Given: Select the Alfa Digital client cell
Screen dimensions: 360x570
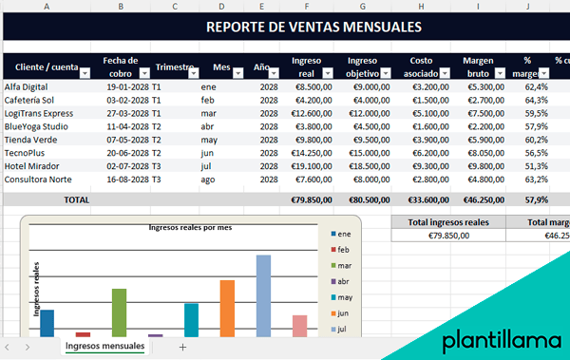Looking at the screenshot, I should tap(28, 85).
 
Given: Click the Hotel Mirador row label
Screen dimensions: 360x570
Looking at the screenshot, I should tap(34, 165).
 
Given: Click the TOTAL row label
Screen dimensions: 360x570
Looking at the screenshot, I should tap(76, 200).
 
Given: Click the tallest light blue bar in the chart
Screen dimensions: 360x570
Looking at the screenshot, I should tap(263, 294).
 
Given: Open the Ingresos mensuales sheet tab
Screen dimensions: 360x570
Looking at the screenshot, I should tap(104, 347).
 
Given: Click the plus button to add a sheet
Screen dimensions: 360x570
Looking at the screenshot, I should tap(182, 347).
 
